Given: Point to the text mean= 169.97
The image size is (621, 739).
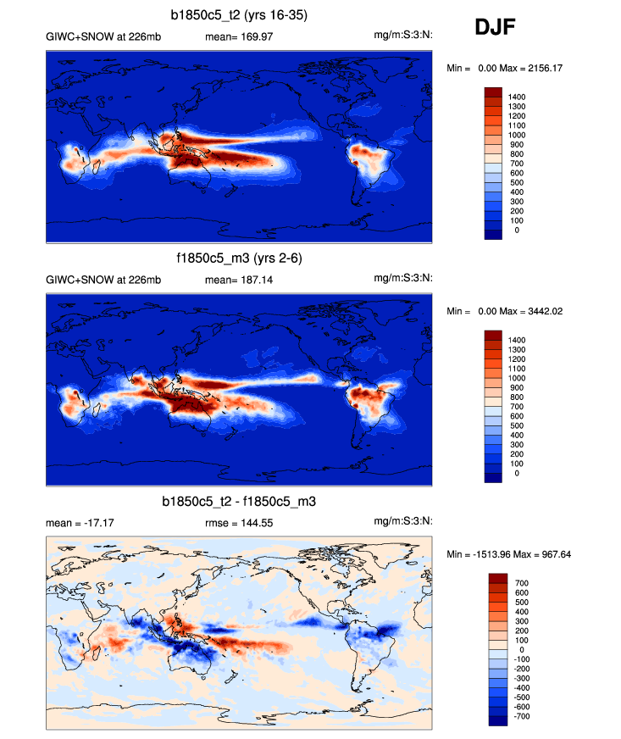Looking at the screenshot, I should tap(234, 36).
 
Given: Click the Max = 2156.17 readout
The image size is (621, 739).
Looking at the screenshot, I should tap(537, 68).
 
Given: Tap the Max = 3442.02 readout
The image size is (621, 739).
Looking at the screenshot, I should tap(537, 311).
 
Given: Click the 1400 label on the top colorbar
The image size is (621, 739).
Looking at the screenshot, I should tap(517, 97).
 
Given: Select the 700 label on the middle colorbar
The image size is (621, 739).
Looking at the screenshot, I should tap(517, 407).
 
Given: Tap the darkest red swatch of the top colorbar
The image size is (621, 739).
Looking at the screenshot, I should tap(493, 92).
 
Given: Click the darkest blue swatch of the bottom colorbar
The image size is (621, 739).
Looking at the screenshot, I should tap(497, 720).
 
